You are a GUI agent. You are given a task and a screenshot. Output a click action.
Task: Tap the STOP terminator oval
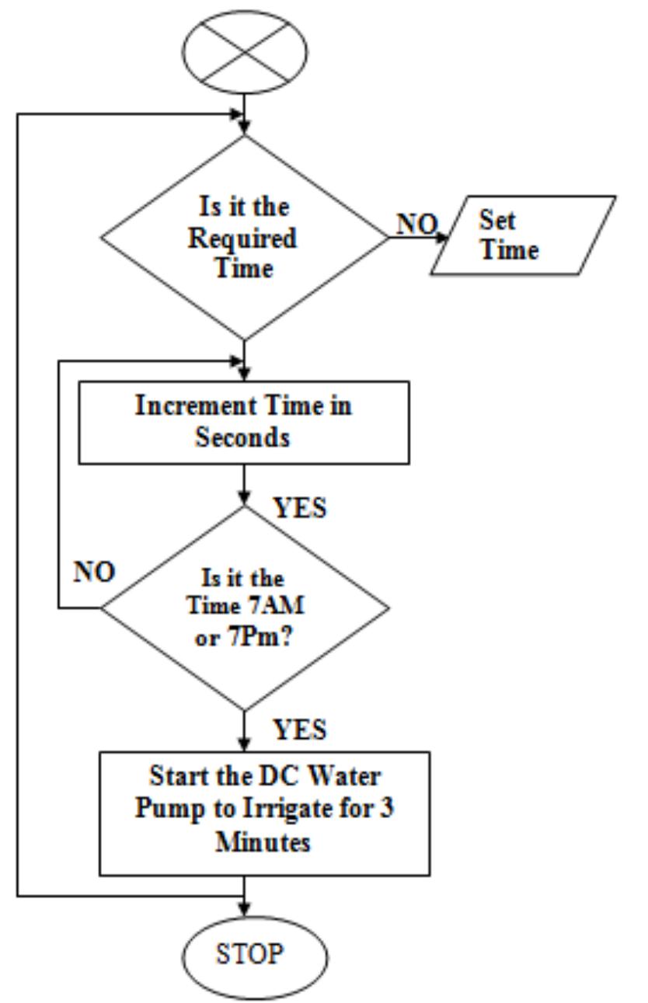(x=245, y=955)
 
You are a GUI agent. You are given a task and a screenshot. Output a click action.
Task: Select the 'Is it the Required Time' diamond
(x=245, y=238)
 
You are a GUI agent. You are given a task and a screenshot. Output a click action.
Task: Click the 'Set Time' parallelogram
(x=523, y=235)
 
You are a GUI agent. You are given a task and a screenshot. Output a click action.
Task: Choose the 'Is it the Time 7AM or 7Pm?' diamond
(x=245, y=606)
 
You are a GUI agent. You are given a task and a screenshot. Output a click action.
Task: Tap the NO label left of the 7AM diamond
(x=94, y=573)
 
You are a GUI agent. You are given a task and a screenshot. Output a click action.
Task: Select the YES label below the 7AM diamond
(x=300, y=730)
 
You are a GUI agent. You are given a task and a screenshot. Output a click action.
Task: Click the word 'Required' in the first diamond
(x=243, y=239)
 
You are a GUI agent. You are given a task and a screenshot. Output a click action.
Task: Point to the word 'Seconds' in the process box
(x=242, y=437)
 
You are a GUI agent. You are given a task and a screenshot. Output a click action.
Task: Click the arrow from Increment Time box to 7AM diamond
(x=245, y=483)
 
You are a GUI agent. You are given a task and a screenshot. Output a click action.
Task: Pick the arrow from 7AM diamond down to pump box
(x=245, y=730)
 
